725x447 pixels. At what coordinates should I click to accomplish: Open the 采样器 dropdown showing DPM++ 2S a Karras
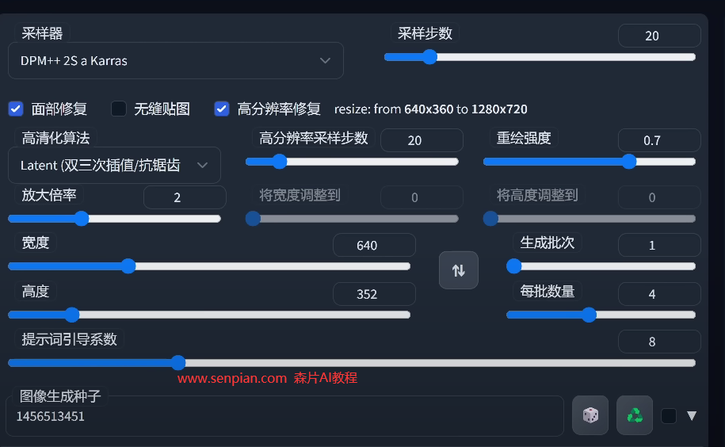tap(176, 60)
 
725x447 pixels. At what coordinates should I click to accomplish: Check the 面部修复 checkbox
tap(16, 109)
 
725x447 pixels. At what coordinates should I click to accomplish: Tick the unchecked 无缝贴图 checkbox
tap(119, 109)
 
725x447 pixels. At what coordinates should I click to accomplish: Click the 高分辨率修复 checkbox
tap(222, 109)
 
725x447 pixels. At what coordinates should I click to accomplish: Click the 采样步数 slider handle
tap(429, 57)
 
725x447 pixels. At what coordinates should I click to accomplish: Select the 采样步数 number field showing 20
tap(659, 36)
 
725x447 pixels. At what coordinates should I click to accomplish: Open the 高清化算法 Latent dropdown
tap(114, 165)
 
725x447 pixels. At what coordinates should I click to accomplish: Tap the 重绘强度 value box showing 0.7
tap(659, 140)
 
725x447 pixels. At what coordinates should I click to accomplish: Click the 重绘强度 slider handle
tap(629, 162)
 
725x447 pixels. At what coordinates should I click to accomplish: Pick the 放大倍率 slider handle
tap(82, 218)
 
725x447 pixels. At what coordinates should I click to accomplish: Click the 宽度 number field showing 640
tap(374, 245)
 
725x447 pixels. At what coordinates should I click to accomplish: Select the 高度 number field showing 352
tap(374, 294)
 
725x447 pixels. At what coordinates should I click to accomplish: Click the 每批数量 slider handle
tap(589, 315)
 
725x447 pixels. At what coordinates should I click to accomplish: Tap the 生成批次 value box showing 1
tap(659, 245)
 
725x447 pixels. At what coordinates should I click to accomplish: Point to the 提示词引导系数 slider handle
tap(178, 363)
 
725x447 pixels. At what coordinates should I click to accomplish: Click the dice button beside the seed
tap(590, 415)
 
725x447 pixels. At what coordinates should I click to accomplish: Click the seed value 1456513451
tap(51, 417)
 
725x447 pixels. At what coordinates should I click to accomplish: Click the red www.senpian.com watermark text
tap(232, 379)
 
